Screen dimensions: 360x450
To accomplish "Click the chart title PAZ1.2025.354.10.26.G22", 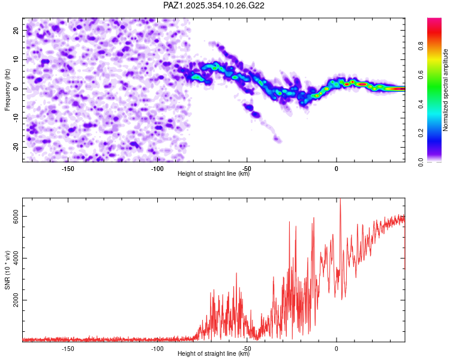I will point(214,5).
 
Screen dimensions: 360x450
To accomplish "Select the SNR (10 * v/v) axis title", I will point(7,269).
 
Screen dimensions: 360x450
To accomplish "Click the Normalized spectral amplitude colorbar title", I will point(446,90).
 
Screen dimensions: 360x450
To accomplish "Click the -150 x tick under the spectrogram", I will point(68,168).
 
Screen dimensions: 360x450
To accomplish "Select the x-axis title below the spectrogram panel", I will point(214,174).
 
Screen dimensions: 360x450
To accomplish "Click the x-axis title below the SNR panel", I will point(214,354).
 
